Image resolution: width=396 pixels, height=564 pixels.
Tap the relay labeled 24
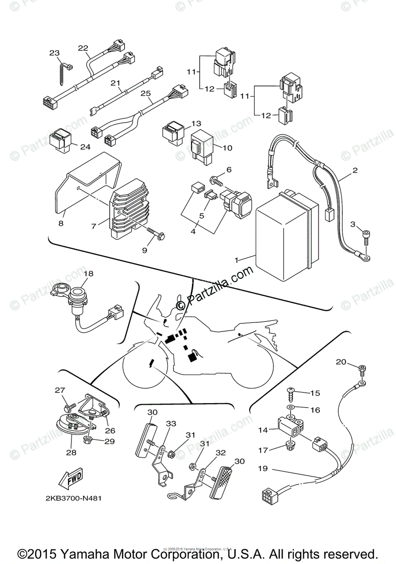[x=61, y=139]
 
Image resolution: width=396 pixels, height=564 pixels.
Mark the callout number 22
[x=83, y=48]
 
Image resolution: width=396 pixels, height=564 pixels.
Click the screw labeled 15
[x=291, y=391]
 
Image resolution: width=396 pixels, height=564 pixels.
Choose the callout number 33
[x=171, y=423]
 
